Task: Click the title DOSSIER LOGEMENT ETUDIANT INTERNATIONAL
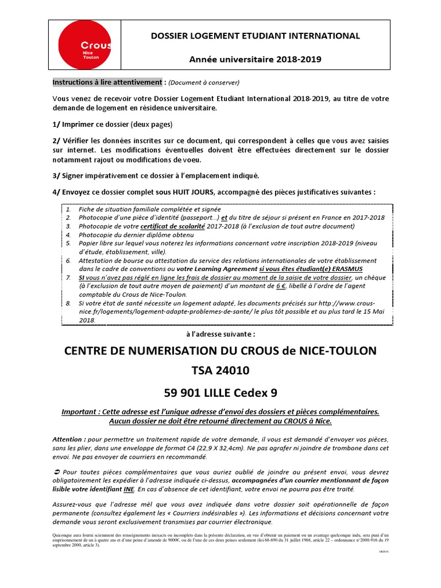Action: (x=256, y=36)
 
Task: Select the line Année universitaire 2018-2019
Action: (x=256, y=59)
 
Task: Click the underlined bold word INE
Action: (x=129, y=489)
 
